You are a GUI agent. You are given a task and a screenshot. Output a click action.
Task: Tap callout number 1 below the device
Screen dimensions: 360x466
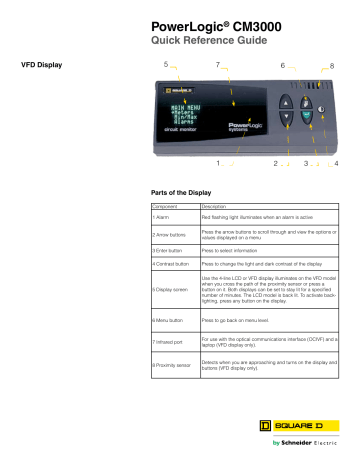tap(218, 161)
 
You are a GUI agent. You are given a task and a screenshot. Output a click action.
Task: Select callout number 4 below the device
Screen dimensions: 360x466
tap(336, 161)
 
